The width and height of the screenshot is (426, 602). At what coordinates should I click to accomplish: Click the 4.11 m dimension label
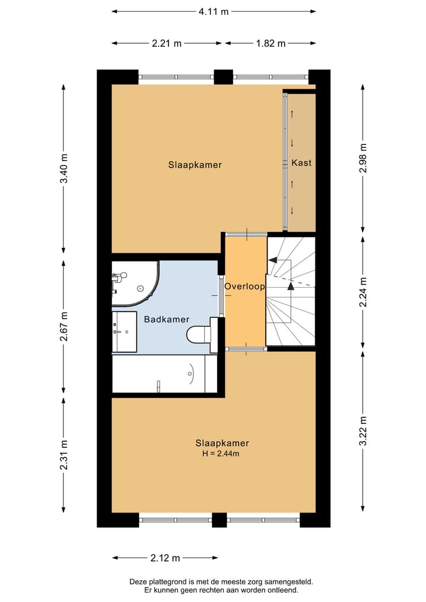click(213, 11)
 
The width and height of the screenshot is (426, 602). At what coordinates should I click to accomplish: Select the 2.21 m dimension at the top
click(166, 43)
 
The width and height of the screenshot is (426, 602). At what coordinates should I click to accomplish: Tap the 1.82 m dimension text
click(270, 43)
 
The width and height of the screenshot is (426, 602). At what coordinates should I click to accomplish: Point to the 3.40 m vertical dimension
click(64, 169)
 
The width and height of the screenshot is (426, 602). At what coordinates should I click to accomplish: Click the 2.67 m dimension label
click(64, 326)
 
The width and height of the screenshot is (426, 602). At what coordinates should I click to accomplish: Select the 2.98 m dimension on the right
click(363, 158)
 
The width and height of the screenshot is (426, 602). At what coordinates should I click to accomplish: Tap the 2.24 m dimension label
click(363, 292)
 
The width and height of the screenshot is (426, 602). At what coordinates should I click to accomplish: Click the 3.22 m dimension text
click(363, 431)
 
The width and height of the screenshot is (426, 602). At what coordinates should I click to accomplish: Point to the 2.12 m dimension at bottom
click(165, 558)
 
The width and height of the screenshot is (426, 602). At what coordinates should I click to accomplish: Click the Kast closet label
click(301, 163)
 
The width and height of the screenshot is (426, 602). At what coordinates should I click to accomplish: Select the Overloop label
click(244, 286)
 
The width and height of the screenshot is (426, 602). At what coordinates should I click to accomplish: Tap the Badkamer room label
click(163, 319)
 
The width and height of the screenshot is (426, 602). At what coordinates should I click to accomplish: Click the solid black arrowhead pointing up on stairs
click(291, 285)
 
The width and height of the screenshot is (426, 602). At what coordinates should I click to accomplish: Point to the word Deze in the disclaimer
click(140, 582)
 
